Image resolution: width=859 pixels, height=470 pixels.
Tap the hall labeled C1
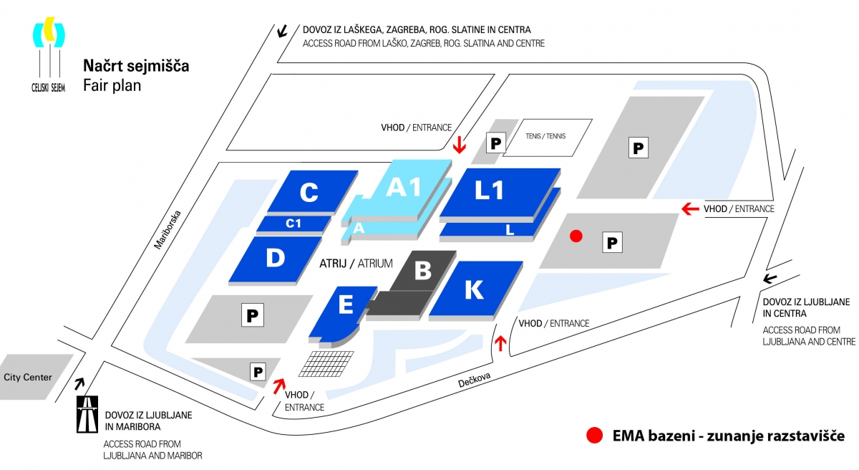pyautogui.click(x=294, y=224)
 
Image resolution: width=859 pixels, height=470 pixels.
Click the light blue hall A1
pyautogui.click(x=404, y=188)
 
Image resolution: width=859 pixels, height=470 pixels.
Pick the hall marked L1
pyautogui.click(x=494, y=191)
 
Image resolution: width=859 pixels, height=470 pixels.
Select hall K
pyautogui.click(x=474, y=289)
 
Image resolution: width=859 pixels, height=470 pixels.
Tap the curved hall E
pyautogui.click(x=345, y=306)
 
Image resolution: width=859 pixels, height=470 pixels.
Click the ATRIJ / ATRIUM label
pyautogui.click(x=356, y=264)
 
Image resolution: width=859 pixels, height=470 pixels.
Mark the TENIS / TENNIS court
pyautogui.click(x=548, y=137)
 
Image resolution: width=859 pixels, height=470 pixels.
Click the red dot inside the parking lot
pyautogui.click(x=574, y=236)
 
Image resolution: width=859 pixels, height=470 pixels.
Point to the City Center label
pyautogui.click(x=28, y=376)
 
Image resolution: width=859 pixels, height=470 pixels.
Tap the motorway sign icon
pyautogui.click(x=87, y=414)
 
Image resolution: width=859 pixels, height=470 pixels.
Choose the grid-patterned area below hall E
pyautogui.click(x=326, y=363)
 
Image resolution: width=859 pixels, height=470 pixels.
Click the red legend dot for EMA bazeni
pyautogui.click(x=593, y=435)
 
